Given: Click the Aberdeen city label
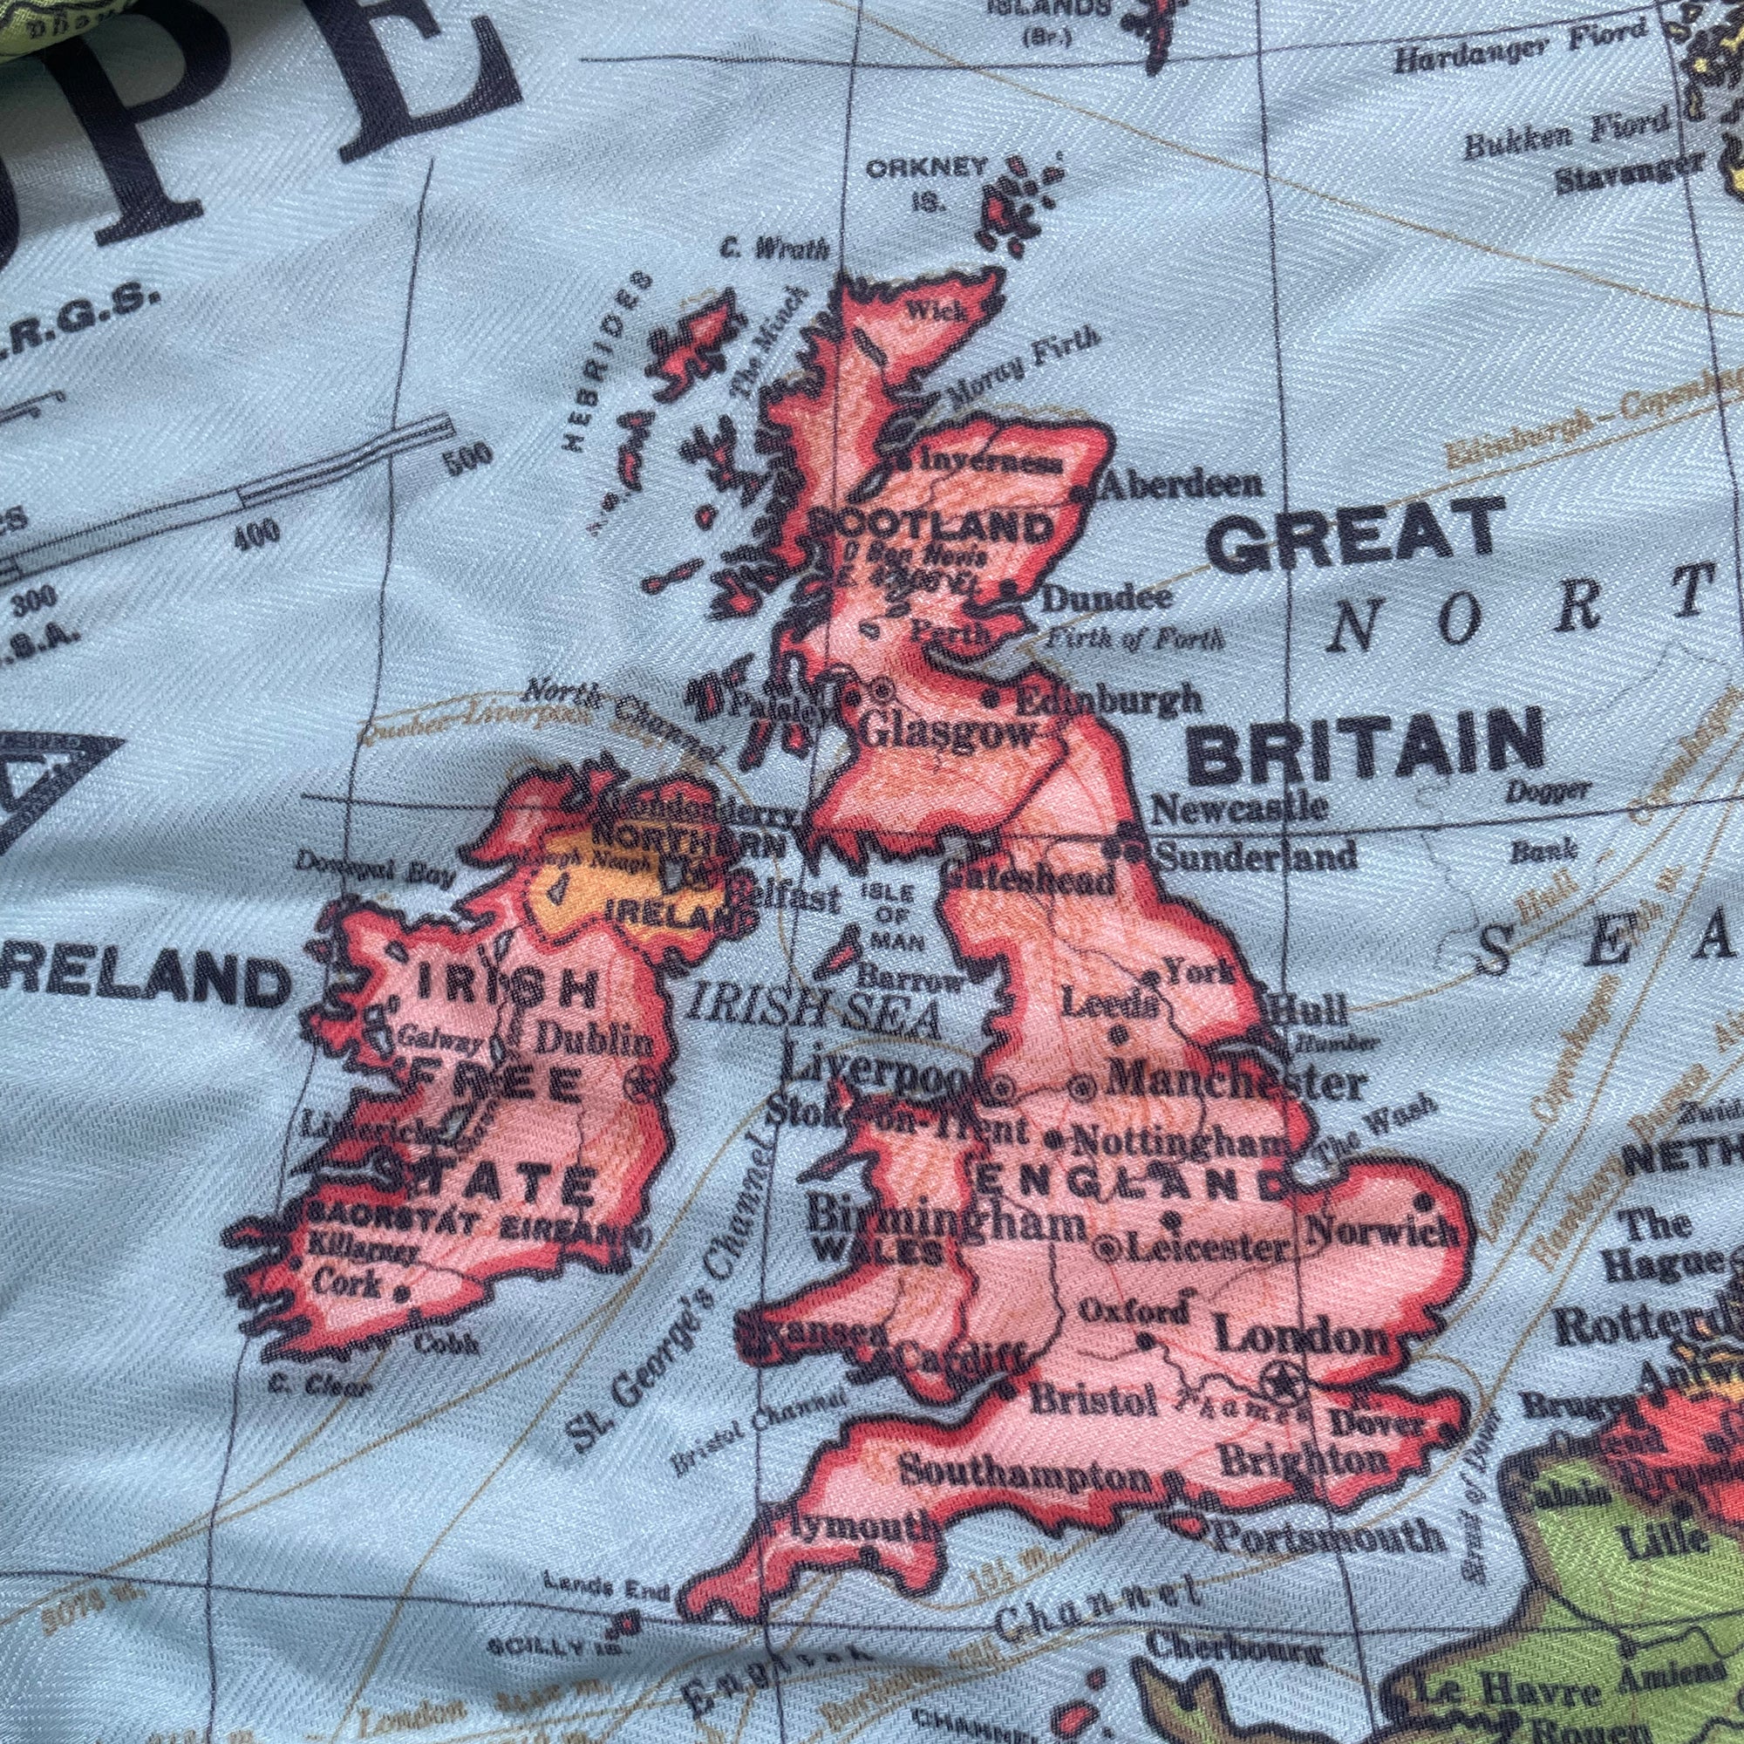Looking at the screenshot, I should coord(1183,485).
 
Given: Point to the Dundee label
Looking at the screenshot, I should coord(1107,597).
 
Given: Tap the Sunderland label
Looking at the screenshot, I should coord(1256,854).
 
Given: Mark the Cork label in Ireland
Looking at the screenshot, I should coord(348,1282).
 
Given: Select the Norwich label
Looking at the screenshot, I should coord(1381,1229).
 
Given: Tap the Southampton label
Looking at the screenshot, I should coord(1025,1473).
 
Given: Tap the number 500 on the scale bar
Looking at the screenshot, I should coord(468,454).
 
